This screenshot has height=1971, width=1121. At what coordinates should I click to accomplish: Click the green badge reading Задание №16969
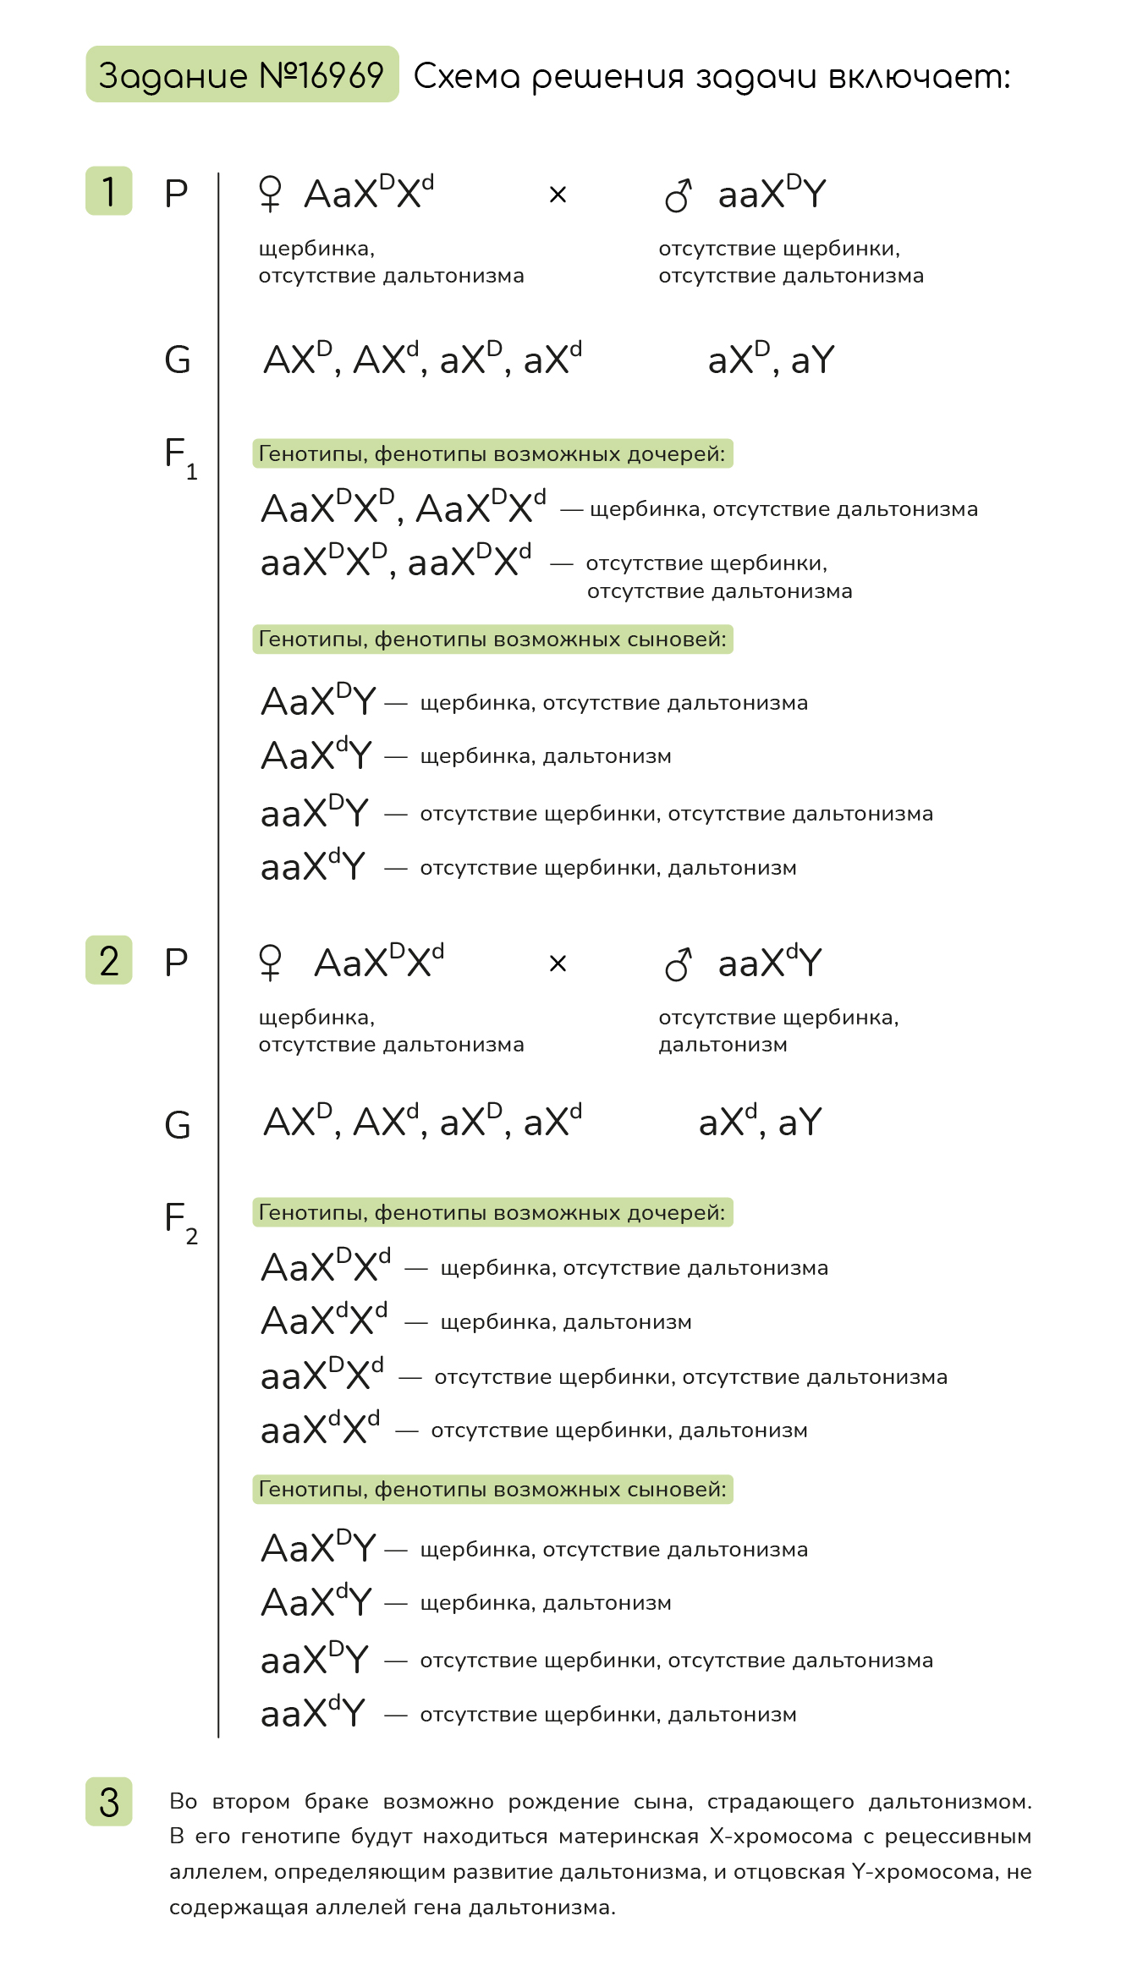(x=242, y=74)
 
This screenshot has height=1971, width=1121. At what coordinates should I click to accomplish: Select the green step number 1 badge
(x=109, y=191)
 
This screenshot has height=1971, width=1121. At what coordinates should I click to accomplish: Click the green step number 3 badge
(x=109, y=1801)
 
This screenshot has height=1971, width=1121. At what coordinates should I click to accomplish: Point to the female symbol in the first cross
(x=270, y=193)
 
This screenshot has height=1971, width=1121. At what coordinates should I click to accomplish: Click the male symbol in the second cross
(x=678, y=964)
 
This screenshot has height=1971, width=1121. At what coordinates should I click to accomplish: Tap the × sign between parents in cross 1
(x=558, y=195)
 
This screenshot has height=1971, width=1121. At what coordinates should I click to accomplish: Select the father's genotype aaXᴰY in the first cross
(x=772, y=193)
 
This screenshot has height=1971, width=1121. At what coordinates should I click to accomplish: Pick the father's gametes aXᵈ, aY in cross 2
(x=760, y=1122)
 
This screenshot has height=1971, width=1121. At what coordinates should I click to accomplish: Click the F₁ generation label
(x=180, y=457)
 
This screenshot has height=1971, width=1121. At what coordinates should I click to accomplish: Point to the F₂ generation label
(x=180, y=1222)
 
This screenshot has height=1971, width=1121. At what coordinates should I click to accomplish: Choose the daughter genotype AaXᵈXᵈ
(x=325, y=1320)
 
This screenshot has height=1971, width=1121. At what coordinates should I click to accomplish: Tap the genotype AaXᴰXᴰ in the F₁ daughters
(x=327, y=508)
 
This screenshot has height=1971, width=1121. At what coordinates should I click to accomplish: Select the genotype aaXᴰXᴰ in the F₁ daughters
(x=323, y=561)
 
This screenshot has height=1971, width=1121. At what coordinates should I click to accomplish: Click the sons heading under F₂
(x=492, y=1489)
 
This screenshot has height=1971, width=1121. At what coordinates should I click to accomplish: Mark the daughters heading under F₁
(x=492, y=453)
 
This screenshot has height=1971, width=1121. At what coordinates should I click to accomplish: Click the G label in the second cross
(x=178, y=1124)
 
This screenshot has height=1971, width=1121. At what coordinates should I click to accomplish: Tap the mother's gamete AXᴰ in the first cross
(x=298, y=360)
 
